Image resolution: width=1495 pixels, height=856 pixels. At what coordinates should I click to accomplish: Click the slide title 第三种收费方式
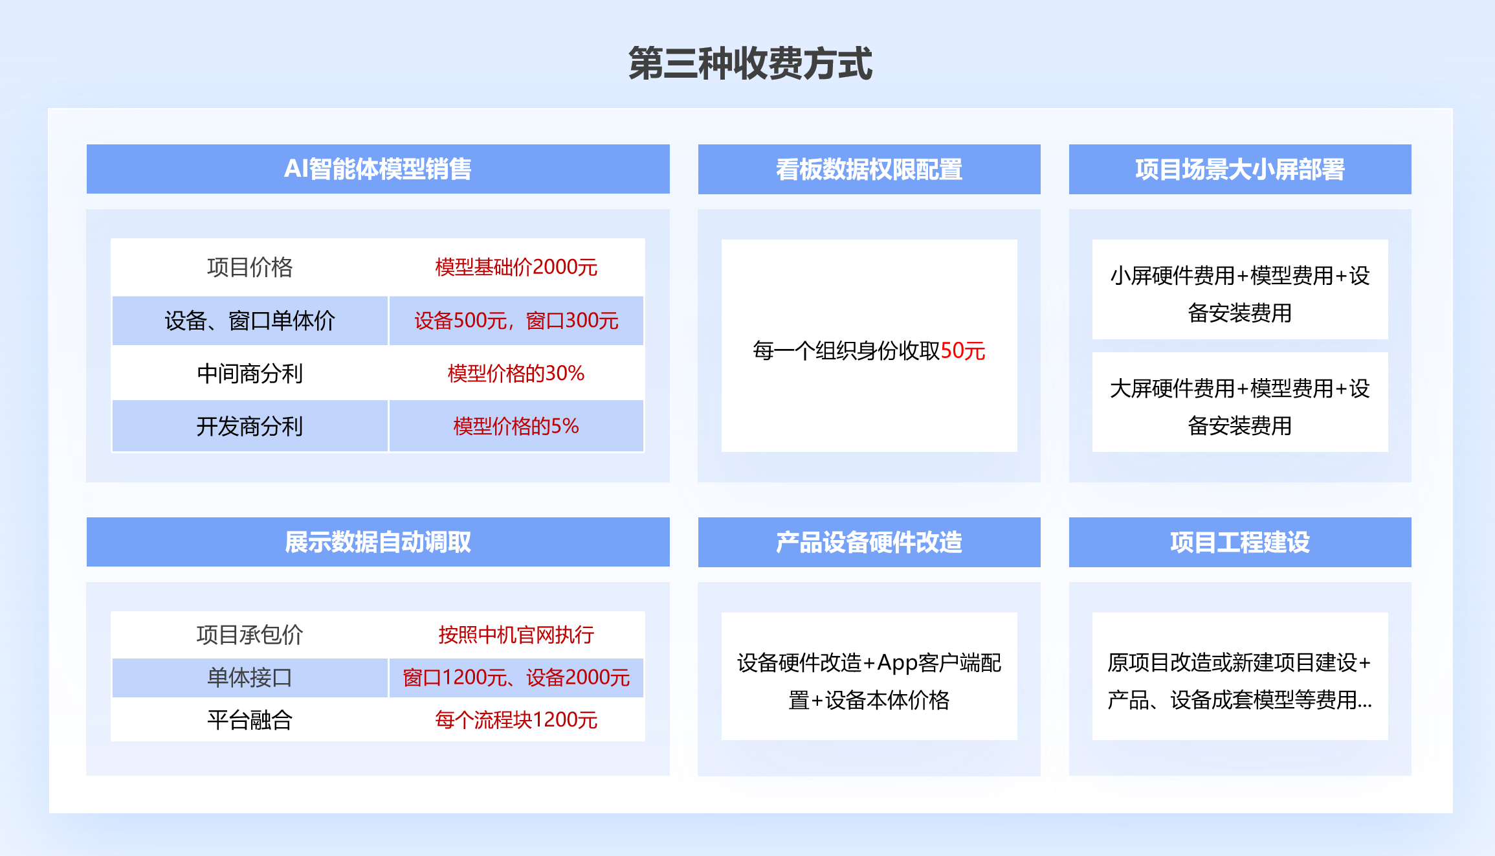(750, 63)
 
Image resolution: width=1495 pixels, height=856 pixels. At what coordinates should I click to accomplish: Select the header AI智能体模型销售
(378, 169)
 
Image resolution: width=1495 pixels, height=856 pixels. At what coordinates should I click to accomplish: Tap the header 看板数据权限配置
(869, 169)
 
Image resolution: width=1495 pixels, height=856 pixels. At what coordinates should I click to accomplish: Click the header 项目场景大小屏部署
(1240, 169)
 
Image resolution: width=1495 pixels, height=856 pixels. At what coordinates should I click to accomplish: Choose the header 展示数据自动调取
(378, 542)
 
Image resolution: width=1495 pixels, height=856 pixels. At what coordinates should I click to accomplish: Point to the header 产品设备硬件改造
(869, 542)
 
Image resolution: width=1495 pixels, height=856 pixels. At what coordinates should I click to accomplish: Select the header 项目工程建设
(1240, 542)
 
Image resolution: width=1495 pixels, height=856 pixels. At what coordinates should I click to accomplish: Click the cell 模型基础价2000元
(516, 267)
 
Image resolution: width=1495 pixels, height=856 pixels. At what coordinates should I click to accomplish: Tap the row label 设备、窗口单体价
(250, 321)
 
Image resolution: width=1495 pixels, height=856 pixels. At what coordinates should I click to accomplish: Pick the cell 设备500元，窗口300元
(516, 321)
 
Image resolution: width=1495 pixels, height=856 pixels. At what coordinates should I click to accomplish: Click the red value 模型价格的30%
(516, 373)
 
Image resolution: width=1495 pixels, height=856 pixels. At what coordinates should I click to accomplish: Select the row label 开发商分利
(250, 426)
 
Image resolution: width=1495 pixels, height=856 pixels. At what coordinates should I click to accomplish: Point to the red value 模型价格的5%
(516, 426)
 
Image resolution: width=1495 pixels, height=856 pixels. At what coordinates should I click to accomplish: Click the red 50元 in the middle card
(963, 350)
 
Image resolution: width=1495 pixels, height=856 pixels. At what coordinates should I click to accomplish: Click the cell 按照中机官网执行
(516, 635)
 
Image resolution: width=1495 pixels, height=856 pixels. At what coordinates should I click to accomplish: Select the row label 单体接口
(250, 677)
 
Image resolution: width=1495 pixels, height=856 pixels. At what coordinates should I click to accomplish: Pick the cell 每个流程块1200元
(516, 719)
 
